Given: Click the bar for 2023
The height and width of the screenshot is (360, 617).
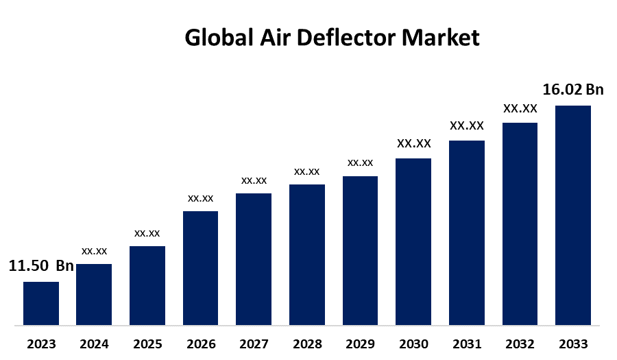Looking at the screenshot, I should coord(41,303).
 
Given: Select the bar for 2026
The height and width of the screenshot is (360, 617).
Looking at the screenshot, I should coord(200,267).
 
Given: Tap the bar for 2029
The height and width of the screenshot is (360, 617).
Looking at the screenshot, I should coord(360,250).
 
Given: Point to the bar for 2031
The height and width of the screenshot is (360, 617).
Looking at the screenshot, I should coord(467,232).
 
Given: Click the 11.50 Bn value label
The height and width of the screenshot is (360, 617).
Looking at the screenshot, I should coord(40,266).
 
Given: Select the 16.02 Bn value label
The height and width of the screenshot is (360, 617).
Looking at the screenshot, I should coord(573,90).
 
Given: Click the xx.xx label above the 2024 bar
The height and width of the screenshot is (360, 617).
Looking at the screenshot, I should coord(94,251).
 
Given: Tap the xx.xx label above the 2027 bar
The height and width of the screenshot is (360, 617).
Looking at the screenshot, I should coord(254,180).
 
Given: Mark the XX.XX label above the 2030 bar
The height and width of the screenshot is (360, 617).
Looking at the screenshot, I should coord(414,143).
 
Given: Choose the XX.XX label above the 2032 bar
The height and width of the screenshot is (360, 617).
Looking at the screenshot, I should coord(520,108).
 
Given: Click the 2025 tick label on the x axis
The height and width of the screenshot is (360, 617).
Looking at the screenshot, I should coord(147,344).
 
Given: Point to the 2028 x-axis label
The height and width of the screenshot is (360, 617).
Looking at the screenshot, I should coord(307,344).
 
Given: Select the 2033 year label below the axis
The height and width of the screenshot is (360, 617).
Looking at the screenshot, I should coord(574,344).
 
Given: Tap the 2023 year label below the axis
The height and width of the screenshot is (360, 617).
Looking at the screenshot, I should coord(41,344).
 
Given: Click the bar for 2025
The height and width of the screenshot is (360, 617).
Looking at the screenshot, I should coord(147,285).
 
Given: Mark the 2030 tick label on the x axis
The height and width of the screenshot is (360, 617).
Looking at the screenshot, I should coord(413,344).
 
